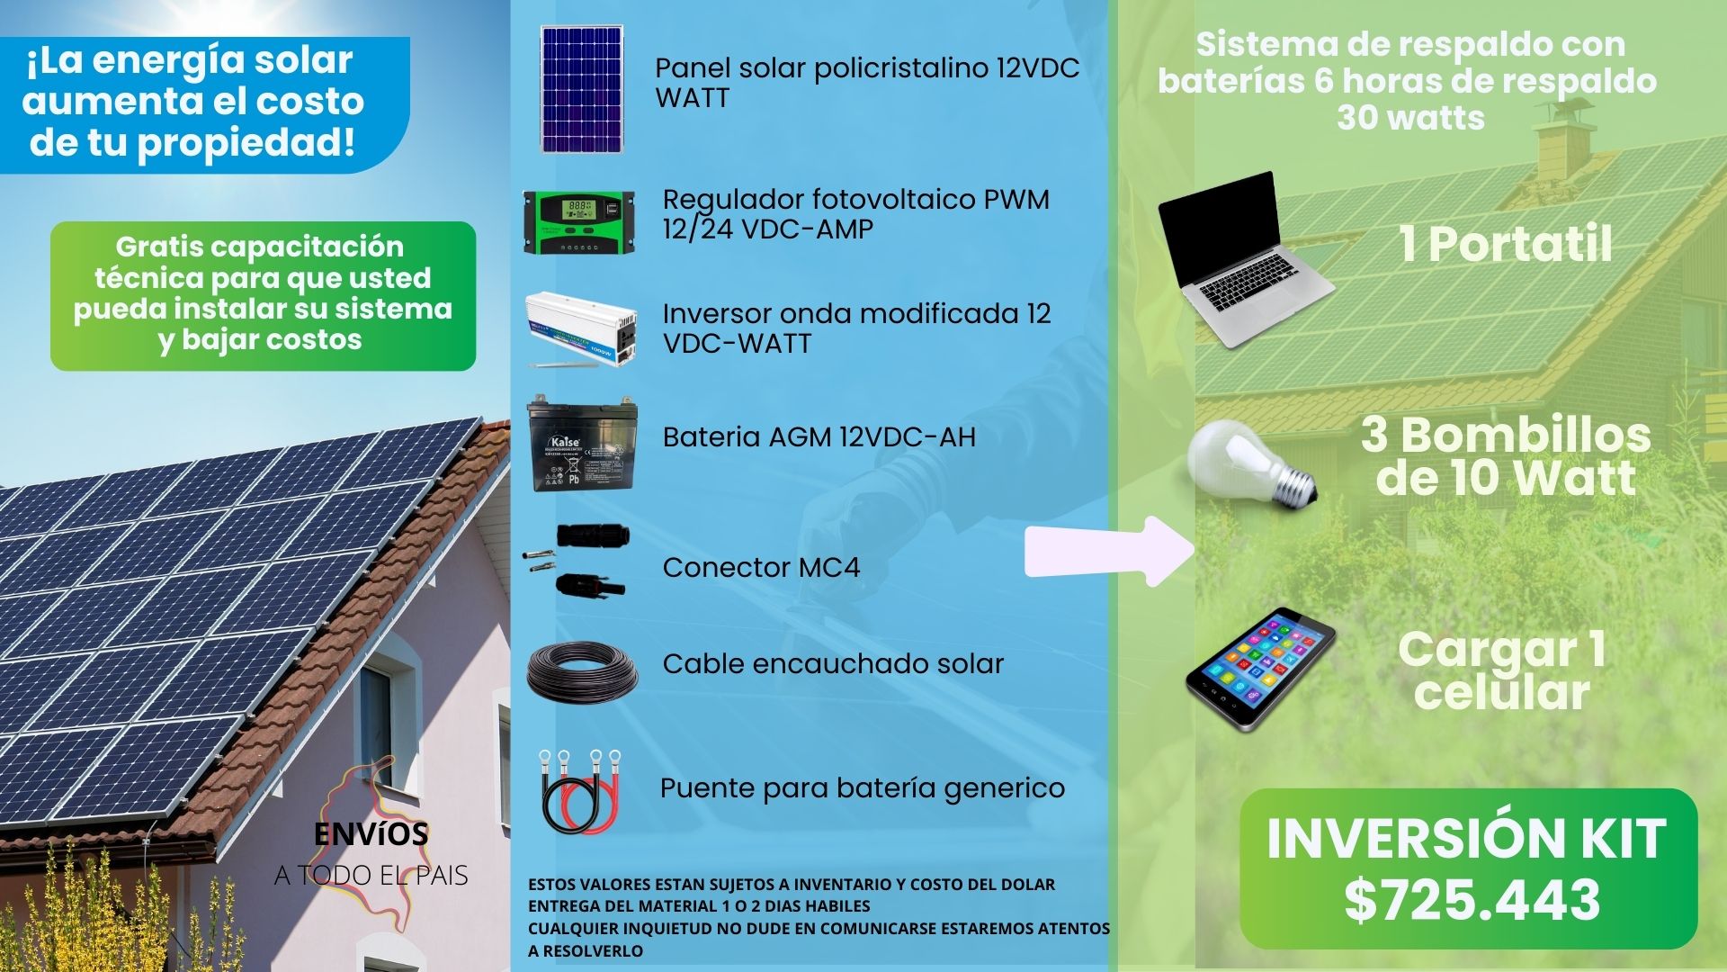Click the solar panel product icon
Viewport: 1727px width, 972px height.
(x=582, y=89)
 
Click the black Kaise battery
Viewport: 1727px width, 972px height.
(x=583, y=443)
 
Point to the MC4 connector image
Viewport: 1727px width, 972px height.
(x=578, y=560)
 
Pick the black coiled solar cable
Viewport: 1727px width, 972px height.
(x=582, y=671)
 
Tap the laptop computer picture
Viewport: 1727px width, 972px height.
(x=1245, y=259)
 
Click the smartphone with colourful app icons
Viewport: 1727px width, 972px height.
(x=1259, y=670)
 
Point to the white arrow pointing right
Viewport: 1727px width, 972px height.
(x=1110, y=551)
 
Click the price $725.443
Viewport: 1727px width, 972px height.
(x=1472, y=899)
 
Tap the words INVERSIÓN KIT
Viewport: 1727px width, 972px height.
(x=1466, y=838)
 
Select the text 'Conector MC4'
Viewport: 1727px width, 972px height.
(x=761, y=567)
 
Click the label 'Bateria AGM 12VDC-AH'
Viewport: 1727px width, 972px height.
(x=819, y=436)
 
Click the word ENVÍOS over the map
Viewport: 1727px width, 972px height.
(x=371, y=834)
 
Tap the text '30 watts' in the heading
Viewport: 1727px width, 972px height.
(x=1410, y=117)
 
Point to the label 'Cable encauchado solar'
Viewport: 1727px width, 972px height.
(x=833, y=663)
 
